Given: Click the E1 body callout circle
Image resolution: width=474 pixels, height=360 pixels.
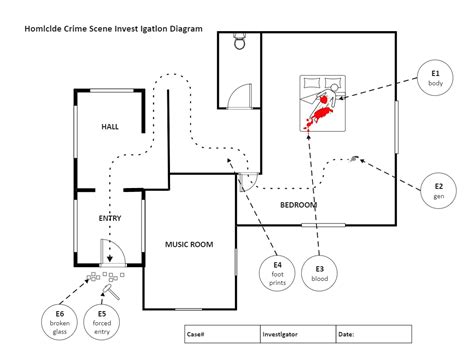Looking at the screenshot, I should click(x=436, y=77).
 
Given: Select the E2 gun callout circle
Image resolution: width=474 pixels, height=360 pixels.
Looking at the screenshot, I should click(x=438, y=190).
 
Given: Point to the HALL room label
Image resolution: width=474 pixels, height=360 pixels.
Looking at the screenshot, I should click(x=110, y=128).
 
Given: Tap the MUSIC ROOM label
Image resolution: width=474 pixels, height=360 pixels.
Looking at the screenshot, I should click(x=189, y=244).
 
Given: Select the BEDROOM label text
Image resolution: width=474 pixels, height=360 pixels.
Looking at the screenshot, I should click(x=298, y=205).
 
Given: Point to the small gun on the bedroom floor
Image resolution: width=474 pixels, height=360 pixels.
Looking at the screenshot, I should click(x=354, y=158).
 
